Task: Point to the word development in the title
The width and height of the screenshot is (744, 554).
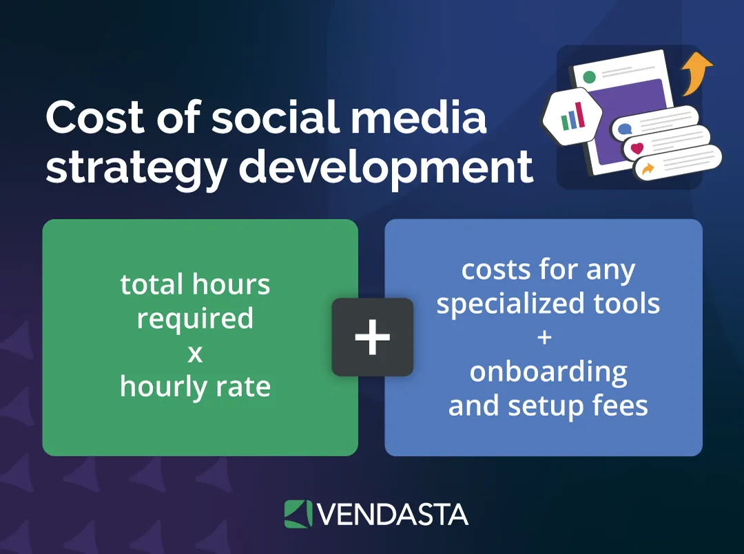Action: (x=386, y=167)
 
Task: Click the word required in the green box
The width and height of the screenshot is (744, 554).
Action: (x=195, y=319)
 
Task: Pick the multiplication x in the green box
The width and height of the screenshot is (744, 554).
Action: (x=196, y=353)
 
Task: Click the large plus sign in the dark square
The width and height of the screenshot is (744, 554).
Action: (x=373, y=337)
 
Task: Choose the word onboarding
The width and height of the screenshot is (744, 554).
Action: (x=548, y=372)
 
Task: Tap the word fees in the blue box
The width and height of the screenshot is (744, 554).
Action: (x=620, y=406)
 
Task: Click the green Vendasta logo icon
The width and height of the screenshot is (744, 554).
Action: (x=298, y=514)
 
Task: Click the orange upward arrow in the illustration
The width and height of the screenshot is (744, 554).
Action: (x=697, y=72)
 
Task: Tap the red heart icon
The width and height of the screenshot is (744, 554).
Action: (x=637, y=147)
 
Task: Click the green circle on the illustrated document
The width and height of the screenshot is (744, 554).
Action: (x=590, y=76)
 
